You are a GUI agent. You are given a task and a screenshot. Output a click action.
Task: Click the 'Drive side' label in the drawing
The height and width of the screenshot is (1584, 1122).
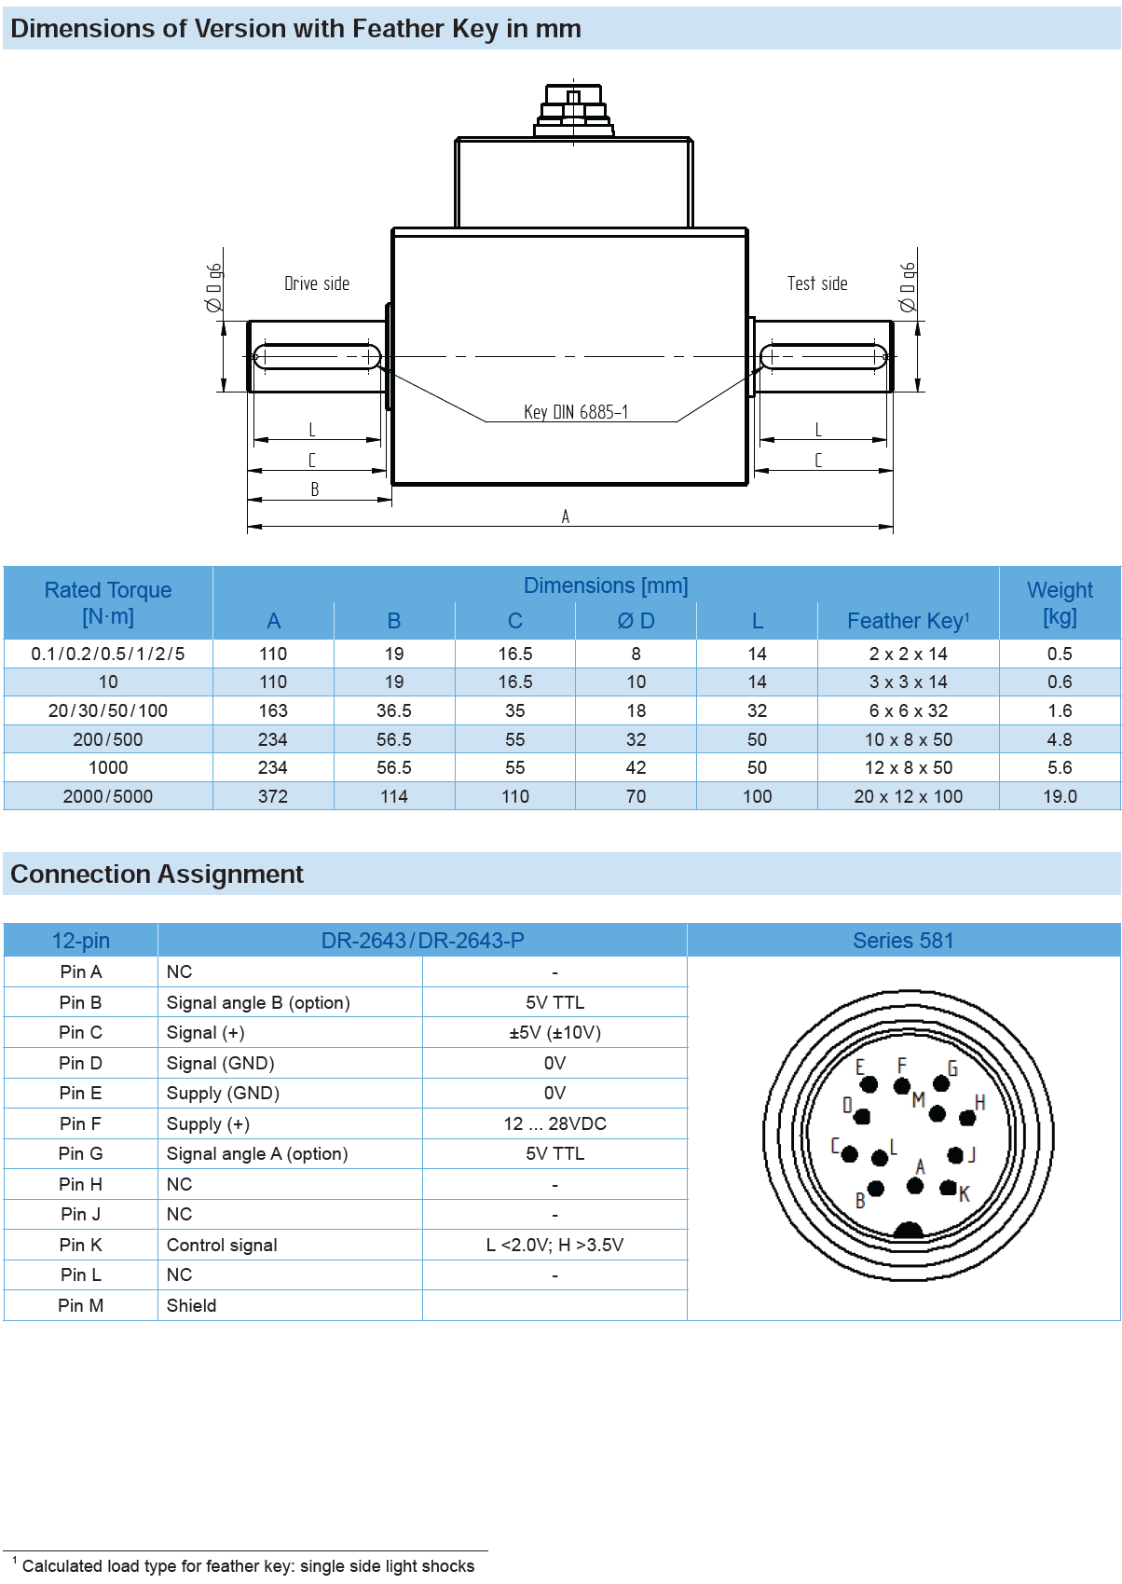pyautogui.click(x=317, y=283)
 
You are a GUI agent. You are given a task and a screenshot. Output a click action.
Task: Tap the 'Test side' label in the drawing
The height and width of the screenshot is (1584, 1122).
pyautogui.click(x=817, y=283)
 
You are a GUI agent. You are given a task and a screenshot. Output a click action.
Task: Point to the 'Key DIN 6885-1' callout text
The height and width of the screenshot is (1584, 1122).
pyautogui.click(x=576, y=412)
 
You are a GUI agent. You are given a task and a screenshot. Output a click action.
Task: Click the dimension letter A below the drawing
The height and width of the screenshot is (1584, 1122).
pyautogui.click(x=566, y=517)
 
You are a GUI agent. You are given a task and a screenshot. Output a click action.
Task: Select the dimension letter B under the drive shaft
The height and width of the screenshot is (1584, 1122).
pyautogui.click(x=315, y=489)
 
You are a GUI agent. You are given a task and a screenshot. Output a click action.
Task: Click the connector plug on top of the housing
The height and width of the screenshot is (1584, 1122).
pyautogui.click(x=573, y=111)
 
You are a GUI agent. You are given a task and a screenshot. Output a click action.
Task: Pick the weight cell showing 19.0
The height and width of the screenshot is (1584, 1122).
pyautogui.click(x=1060, y=796)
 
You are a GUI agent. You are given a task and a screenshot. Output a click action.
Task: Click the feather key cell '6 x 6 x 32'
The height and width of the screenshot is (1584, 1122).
pyautogui.click(x=908, y=710)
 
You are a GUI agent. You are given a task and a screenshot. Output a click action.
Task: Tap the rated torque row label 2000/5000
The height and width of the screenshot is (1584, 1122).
pyautogui.click(x=108, y=796)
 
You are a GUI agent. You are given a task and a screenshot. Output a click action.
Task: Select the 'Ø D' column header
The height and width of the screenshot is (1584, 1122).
pyautogui.click(x=636, y=621)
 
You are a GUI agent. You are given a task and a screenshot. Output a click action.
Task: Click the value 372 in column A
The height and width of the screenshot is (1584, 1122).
pyautogui.click(x=273, y=796)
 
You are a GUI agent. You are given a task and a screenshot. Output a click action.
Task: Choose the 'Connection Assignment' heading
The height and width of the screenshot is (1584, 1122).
pyautogui.click(x=157, y=875)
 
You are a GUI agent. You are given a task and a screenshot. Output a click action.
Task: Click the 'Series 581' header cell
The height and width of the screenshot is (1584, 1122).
pyautogui.click(x=903, y=941)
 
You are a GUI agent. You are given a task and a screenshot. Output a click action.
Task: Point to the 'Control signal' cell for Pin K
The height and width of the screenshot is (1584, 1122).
pyautogui.click(x=222, y=1245)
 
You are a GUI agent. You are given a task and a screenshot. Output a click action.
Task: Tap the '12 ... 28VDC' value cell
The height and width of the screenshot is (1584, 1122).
pyautogui.click(x=554, y=1123)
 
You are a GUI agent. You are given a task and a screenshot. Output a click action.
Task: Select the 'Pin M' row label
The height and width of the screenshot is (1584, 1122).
pyautogui.click(x=81, y=1305)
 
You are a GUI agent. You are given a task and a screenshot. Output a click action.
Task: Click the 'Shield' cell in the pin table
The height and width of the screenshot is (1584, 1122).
pyautogui.click(x=191, y=1305)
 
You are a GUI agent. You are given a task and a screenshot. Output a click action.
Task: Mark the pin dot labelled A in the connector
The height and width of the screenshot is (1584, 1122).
pyautogui.click(x=915, y=1185)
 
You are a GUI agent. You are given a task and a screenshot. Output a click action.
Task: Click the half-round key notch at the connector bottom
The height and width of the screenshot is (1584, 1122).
pyautogui.click(x=908, y=1231)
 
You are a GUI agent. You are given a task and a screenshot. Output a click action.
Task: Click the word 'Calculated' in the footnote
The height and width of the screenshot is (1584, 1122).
pyautogui.click(x=62, y=1566)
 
